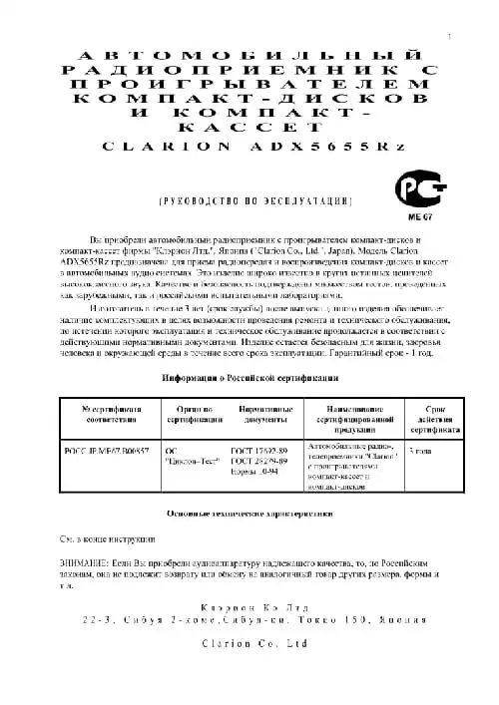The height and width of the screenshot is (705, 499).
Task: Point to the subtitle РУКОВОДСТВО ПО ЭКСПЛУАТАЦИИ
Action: (x=252, y=201)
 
